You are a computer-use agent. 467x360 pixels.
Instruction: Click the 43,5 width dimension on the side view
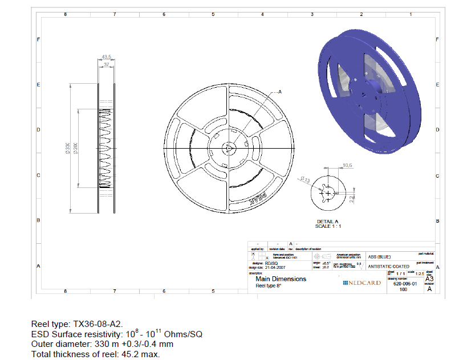105,57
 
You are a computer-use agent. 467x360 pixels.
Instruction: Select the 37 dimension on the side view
105,65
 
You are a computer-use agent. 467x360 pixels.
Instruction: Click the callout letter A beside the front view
280,92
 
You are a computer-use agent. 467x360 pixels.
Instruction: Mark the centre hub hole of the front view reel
228,148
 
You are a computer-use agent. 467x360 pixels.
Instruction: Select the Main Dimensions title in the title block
281,279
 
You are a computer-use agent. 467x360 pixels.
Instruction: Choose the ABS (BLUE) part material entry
380,257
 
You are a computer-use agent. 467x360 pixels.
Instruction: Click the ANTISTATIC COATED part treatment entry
388,266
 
